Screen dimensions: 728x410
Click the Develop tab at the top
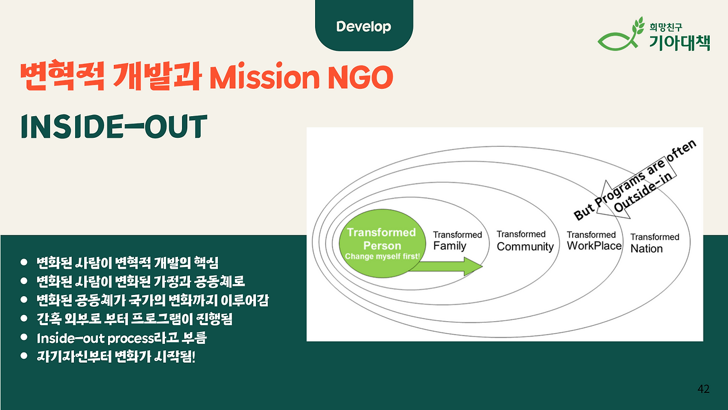tap(364, 26)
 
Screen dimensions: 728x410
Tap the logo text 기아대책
tap(680, 42)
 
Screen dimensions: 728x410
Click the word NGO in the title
tap(361, 77)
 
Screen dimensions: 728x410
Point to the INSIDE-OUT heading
tap(114, 126)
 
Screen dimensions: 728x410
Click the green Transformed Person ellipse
tap(382, 243)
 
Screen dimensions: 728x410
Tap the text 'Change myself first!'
tap(382, 256)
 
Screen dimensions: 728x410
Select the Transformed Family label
tap(457, 240)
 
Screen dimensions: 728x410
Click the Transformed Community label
tap(525, 241)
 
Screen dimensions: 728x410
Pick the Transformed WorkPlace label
tap(594, 240)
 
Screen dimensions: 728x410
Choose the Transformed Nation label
tap(655, 243)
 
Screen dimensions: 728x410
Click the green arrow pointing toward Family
tap(445, 266)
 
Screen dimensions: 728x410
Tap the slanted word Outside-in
tap(642, 192)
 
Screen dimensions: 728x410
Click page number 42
tap(704, 389)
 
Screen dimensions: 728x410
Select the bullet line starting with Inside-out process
tap(122, 338)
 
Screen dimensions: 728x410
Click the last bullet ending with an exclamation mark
tap(116, 356)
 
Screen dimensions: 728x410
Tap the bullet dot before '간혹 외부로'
tap(24, 318)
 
